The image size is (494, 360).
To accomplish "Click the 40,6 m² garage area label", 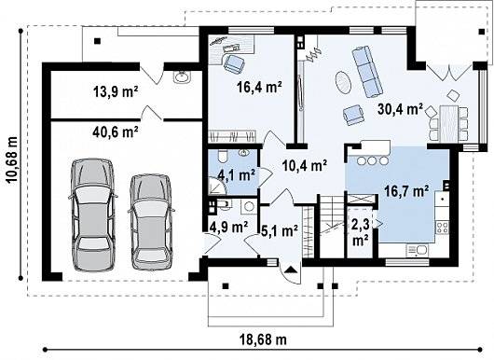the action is [116, 132].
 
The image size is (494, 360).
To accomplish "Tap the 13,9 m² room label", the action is [116, 91].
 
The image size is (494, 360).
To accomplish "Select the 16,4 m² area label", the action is [259, 87].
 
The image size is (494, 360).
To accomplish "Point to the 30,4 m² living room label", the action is [400, 109].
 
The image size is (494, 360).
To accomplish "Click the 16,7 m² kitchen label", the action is [406, 191].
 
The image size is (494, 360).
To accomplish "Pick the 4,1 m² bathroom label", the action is [237, 174].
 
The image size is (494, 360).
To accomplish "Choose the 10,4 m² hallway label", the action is [305, 165].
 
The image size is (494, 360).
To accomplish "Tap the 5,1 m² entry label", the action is [280, 231].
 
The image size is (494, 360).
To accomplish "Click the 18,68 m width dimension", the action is [263, 339].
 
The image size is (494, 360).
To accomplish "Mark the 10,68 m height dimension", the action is [13, 160].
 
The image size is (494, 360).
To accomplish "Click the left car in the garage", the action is [92, 215].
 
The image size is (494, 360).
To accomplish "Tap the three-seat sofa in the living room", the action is [367, 72].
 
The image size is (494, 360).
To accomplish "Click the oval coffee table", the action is [343, 82].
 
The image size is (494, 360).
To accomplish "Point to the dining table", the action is [449, 122].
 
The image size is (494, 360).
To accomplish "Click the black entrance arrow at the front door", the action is [291, 270].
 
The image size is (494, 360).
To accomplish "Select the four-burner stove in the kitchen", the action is [443, 227].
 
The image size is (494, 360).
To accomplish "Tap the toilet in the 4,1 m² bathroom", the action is [222, 155].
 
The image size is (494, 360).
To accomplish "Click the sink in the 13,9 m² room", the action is [181, 76].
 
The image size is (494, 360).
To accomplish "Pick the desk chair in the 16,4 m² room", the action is [234, 63].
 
